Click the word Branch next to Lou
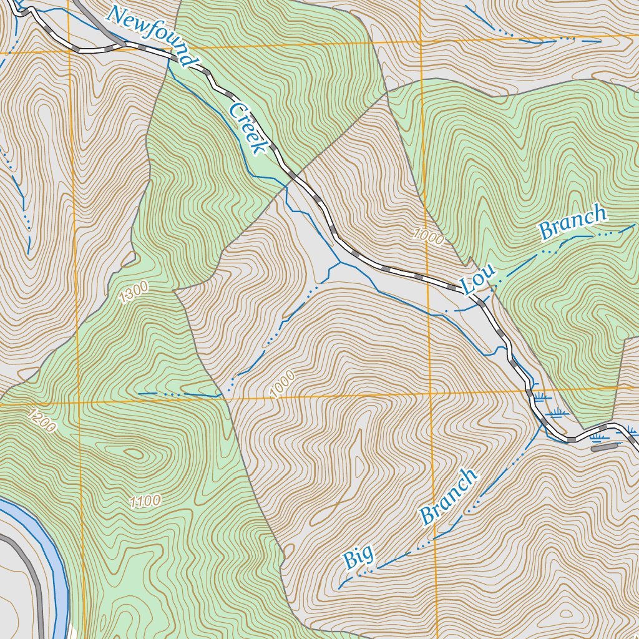tap(573, 222)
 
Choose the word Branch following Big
tap(448, 496)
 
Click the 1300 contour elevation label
tap(135, 293)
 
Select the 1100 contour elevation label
tap(145, 500)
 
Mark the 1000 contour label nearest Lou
tap(428, 237)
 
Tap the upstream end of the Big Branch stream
tap(339, 588)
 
